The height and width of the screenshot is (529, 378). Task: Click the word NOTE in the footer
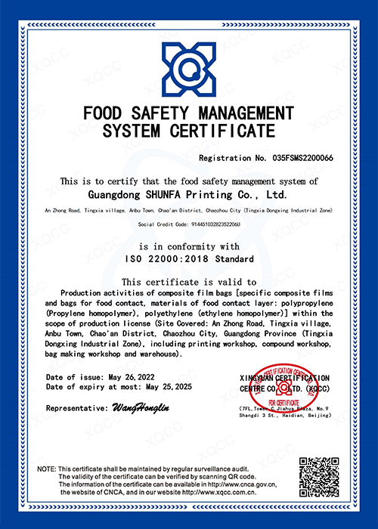45,469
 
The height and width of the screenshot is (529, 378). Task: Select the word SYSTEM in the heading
132,132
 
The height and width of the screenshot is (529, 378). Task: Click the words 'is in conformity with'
189,247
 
